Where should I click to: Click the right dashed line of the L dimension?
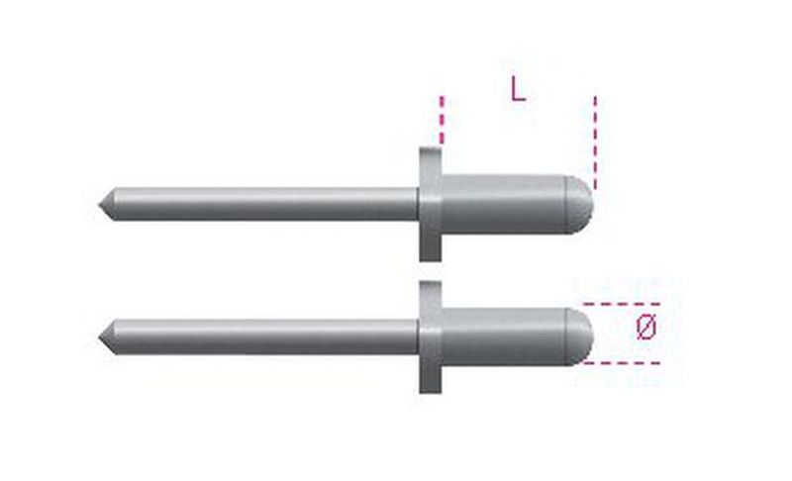(595, 139)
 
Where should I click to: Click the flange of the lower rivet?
(429, 337)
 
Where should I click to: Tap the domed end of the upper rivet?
(579, 204)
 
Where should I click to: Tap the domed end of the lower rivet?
(579, 337)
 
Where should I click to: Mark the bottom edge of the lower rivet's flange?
(429, 391)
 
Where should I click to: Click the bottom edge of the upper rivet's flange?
(428, 259)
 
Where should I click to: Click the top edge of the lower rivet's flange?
(429, 283)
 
